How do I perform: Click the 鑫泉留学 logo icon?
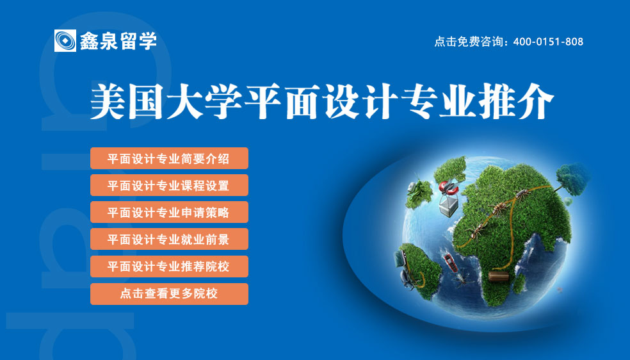click(65, 40)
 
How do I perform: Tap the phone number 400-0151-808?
click(548, 42)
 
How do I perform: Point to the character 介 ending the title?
click(536, 101)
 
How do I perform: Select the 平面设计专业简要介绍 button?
click(169, 158)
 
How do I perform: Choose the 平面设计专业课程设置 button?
click(169, 185)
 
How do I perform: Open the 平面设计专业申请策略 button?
click(169, 212)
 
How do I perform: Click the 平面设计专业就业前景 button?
click(169, 239)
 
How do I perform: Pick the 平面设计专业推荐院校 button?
click(169, 266)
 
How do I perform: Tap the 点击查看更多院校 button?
click(169, 294)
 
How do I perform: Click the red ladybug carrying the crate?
click(448, 187)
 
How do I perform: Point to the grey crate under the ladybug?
click(449, 206)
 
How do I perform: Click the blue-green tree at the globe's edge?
click(572, 179)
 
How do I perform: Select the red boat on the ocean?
click(449, 262)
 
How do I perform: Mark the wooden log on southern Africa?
click(499, 277)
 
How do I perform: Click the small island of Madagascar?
click(519, 283)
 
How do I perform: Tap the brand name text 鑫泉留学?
click(118, 41)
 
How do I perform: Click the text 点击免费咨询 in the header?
click(469, 42)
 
